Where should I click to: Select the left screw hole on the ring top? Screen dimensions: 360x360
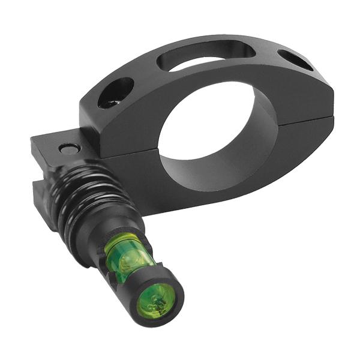116,92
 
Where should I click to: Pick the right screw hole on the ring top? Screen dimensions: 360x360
295,61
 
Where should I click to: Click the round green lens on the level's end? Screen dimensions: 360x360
155,301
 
